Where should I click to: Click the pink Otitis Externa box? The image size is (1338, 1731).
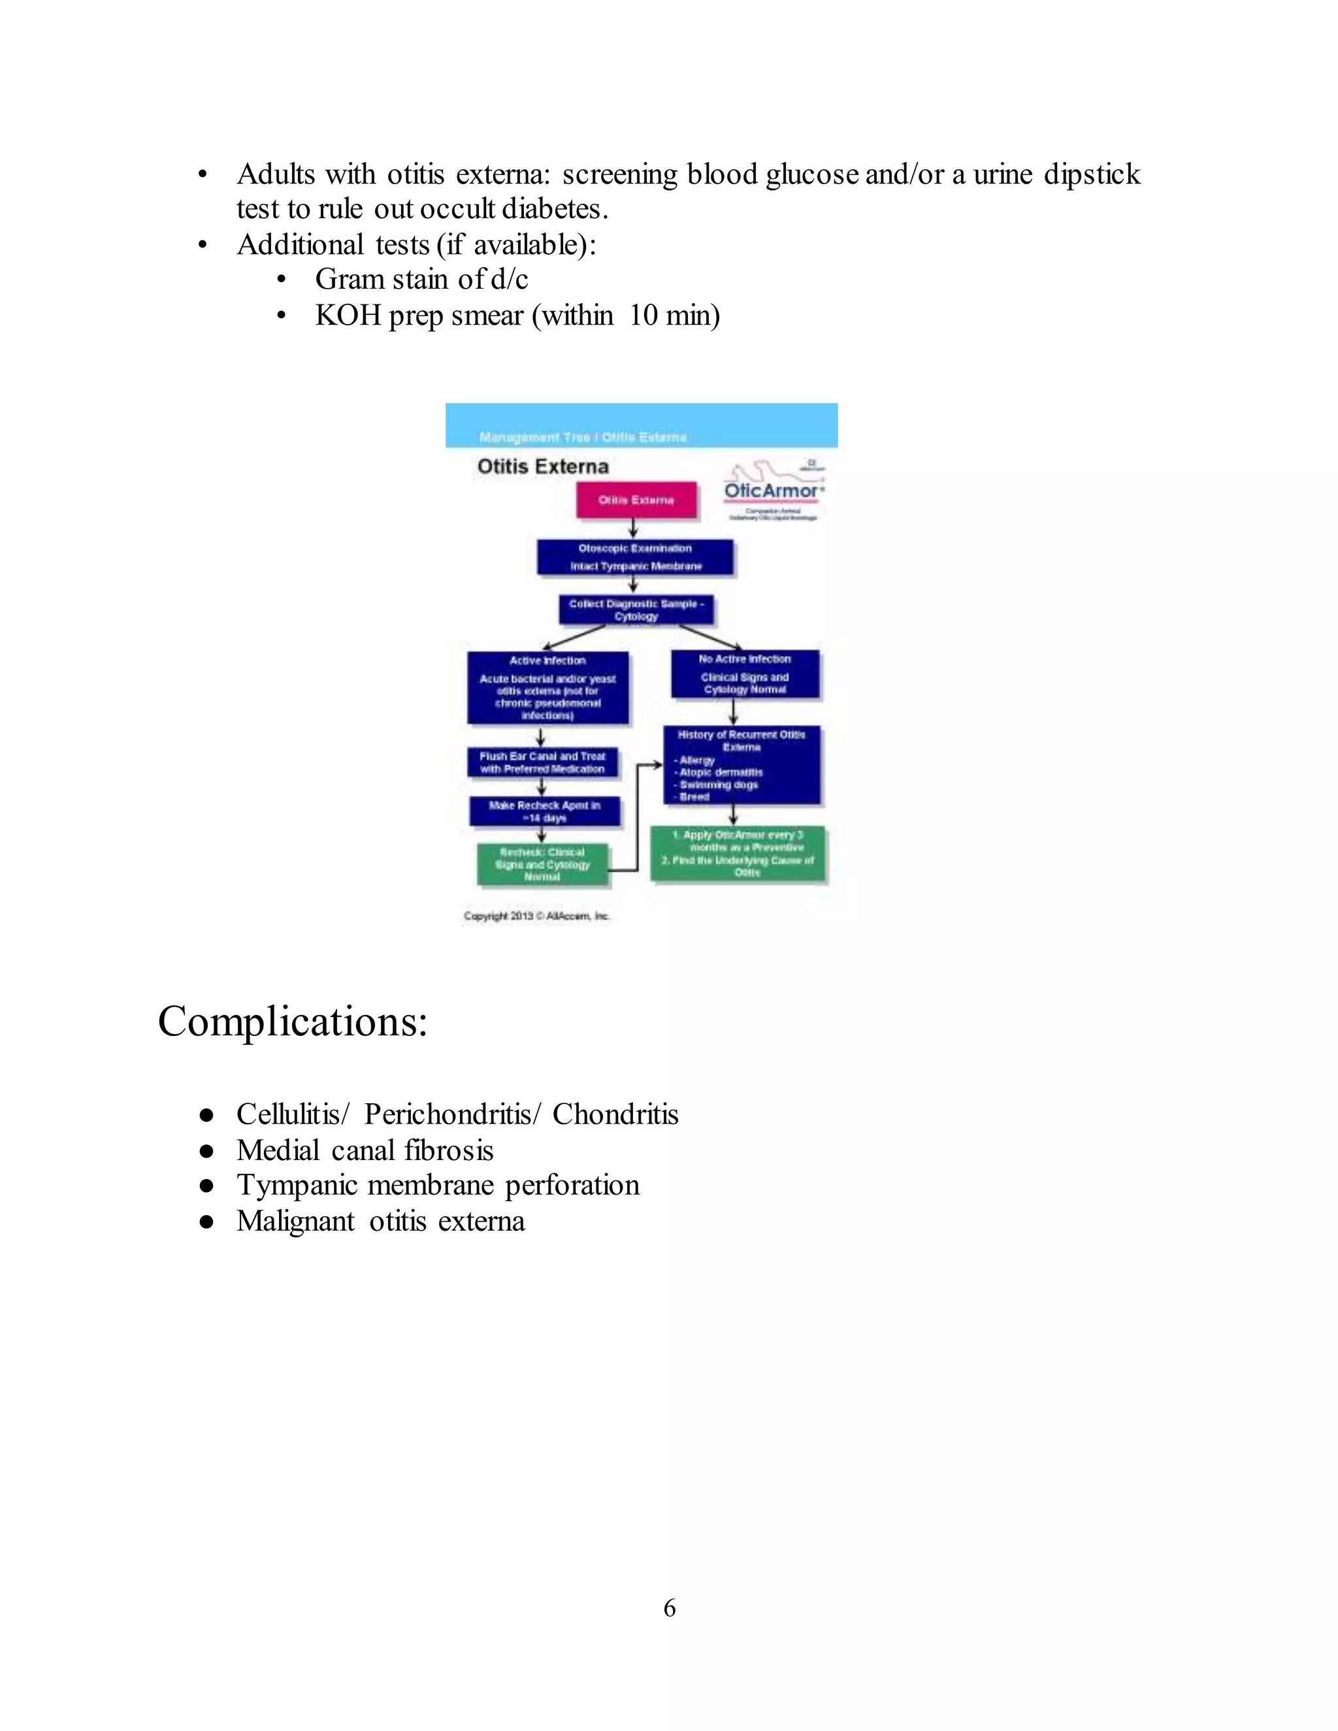pyautogui.click(x=636, y=500)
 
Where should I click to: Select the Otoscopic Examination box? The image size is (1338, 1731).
pyautogui.click(x=635, y=557)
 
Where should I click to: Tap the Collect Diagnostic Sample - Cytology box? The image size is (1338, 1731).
pyautogui.click(x=636, y=609)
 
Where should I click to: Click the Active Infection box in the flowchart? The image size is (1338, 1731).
pyautogui.click(x=547, y=687)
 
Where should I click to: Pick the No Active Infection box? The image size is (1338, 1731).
pyautogui.click(x=745, y=675)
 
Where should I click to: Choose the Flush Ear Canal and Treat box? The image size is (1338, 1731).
pyautogui.click(x=542, y=762)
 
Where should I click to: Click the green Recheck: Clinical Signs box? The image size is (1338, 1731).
pyautogui.click(x=543, y=864)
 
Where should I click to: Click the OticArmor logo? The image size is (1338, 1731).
pyautogui.click(x=774, y=490)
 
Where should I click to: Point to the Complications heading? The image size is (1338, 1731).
pyautogui.click(x=293, y=1021)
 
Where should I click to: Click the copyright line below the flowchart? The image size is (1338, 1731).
pyautogui.click(x=536, y=916)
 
